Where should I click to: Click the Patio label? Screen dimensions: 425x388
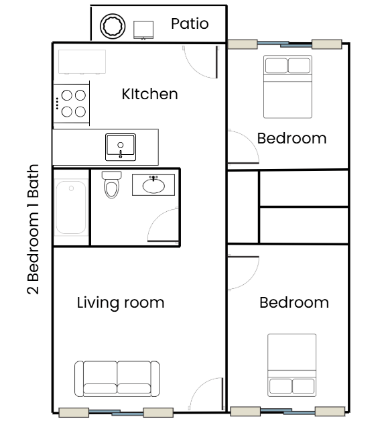pyautogui.click(x=190, y=24)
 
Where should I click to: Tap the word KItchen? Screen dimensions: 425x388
pyautogui.click(x=149, y=94)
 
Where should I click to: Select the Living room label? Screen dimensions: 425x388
pyautogui.click(x=121, y=302)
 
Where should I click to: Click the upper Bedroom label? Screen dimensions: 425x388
pyautogui.click(x=292, y=139)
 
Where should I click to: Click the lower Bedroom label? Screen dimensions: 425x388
pyautogui.click(x=294, y=302)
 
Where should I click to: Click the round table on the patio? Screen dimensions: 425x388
pyautogui.click(x=113, y=26)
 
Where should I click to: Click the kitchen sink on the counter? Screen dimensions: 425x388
pyautogui.click(x=121, y=145)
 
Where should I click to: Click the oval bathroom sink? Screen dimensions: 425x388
pyautogui.click(x=154, y=184)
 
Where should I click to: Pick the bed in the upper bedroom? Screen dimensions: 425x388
pyautogui.click(x=288, y=86)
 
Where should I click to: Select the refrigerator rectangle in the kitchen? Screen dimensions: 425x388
pyautogui.click(x=82, y=62)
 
